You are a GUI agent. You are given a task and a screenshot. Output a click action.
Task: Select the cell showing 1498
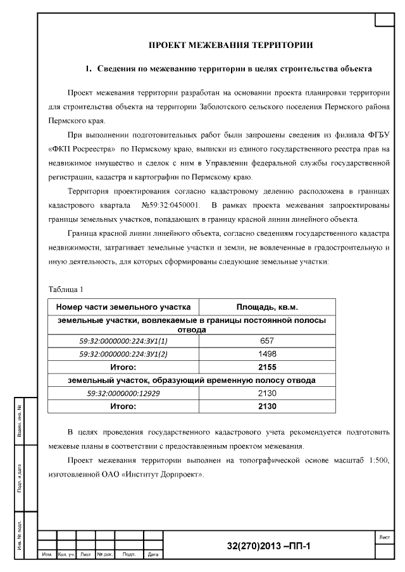(x=267, y=354)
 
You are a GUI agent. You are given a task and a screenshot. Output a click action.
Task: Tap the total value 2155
(x=267, y=367)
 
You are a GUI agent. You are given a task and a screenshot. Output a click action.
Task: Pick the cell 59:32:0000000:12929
(x=124, y=393)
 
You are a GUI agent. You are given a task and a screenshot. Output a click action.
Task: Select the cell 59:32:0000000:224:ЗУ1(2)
(x=124, y=354)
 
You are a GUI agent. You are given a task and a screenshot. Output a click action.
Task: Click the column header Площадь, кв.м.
(x=267, y=307)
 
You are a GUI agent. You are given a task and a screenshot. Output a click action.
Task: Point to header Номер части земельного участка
(x=124, y=307)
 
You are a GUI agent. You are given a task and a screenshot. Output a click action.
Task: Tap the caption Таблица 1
(x=66, y=289)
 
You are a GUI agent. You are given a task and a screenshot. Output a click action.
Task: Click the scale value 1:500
(x=378, y=461)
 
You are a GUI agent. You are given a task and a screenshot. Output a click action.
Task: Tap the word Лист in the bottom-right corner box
(x=384, y=537)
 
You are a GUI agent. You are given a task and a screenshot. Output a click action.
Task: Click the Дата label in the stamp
(x=153, y=555)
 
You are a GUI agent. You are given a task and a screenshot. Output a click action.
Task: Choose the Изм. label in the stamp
(x=47, y=555)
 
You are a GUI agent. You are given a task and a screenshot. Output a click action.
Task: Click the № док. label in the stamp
(x=104, y=555)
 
